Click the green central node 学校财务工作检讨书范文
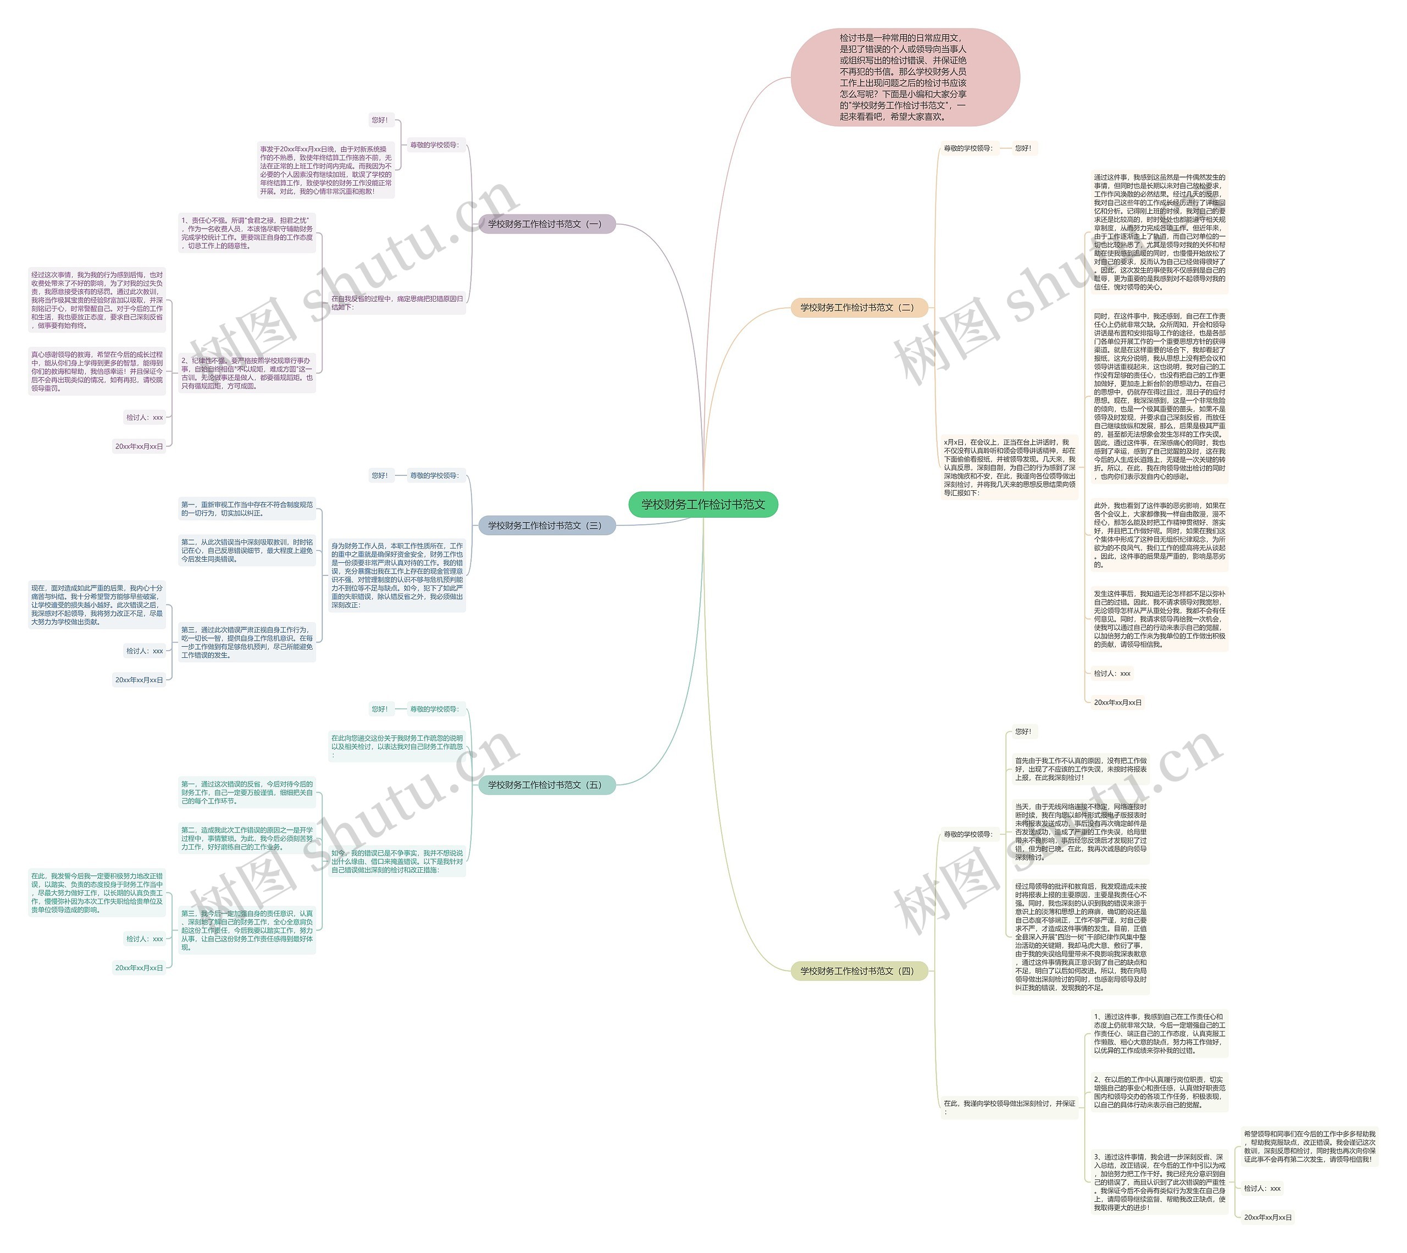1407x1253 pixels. [x=703, y=504]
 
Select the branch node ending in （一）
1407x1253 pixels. [x=546, y=224]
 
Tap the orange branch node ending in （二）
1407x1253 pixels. [x=858, y=308]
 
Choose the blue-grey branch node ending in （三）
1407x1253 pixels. [x=546, y=525]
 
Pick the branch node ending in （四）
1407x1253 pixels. [x=858, y=971]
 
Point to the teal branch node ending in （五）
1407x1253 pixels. [x=546, y=785]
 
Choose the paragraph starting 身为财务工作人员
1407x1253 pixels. [x=397, y=575]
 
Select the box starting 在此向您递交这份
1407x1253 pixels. [x=397, y=746]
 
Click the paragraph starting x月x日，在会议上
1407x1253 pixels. [x=1009, y=468]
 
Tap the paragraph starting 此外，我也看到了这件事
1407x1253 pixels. [x=1159, y=535]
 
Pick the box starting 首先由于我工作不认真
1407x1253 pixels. [x=1081, y=769]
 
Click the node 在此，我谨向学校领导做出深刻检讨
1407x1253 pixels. [x=1009, y=1107]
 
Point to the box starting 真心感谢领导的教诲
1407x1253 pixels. [x=97, y=372]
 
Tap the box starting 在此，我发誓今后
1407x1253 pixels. [x=97, y=893]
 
